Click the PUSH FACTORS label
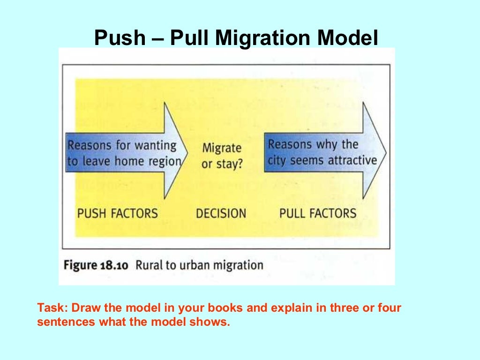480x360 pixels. pyautogui.click(x=118, y=214)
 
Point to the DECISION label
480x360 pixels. pyautogui.click(x=221, y=214)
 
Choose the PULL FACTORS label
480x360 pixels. pyautogui.click(x=318, y=214)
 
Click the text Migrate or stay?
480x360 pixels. pyautogui.click(x=222, y=156)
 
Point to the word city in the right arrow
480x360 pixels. pyautogui.click(x=277, y=161)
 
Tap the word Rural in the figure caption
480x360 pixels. pyautogui.click(x=149, y=265)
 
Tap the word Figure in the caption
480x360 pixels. pyautogui.click(x=81, y=265)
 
